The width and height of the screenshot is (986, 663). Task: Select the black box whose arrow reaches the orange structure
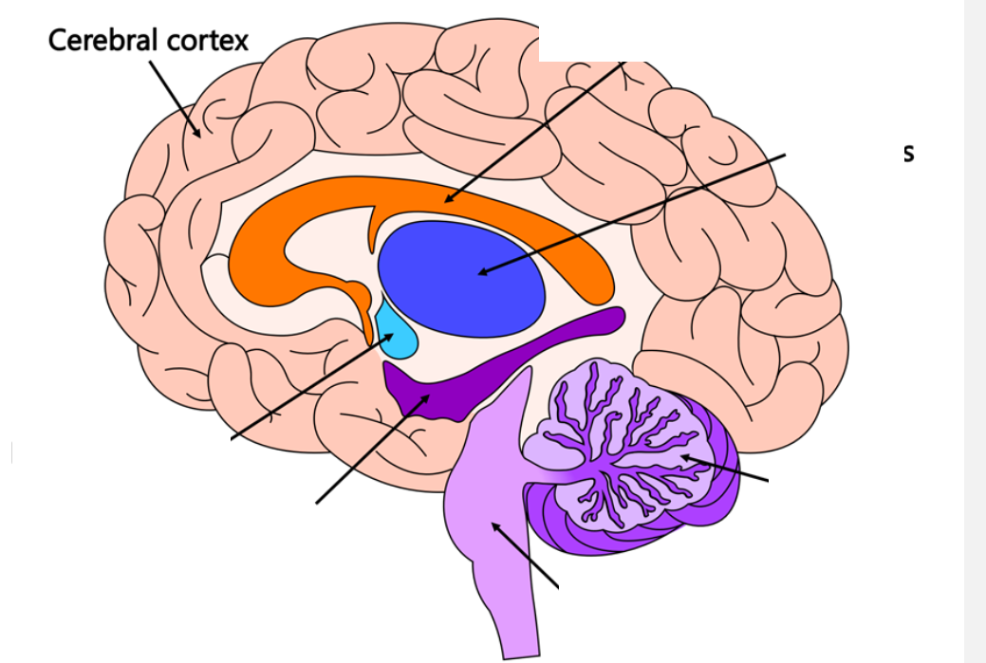[681, 30]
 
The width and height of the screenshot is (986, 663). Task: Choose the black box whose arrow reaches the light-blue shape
[121, 455]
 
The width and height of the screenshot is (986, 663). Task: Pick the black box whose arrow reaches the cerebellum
[852, 492]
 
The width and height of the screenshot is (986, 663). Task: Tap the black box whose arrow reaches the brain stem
[647, 601]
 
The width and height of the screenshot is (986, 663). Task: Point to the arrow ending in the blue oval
[636, 212]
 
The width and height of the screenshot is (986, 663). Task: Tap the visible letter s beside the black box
[908, 153]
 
